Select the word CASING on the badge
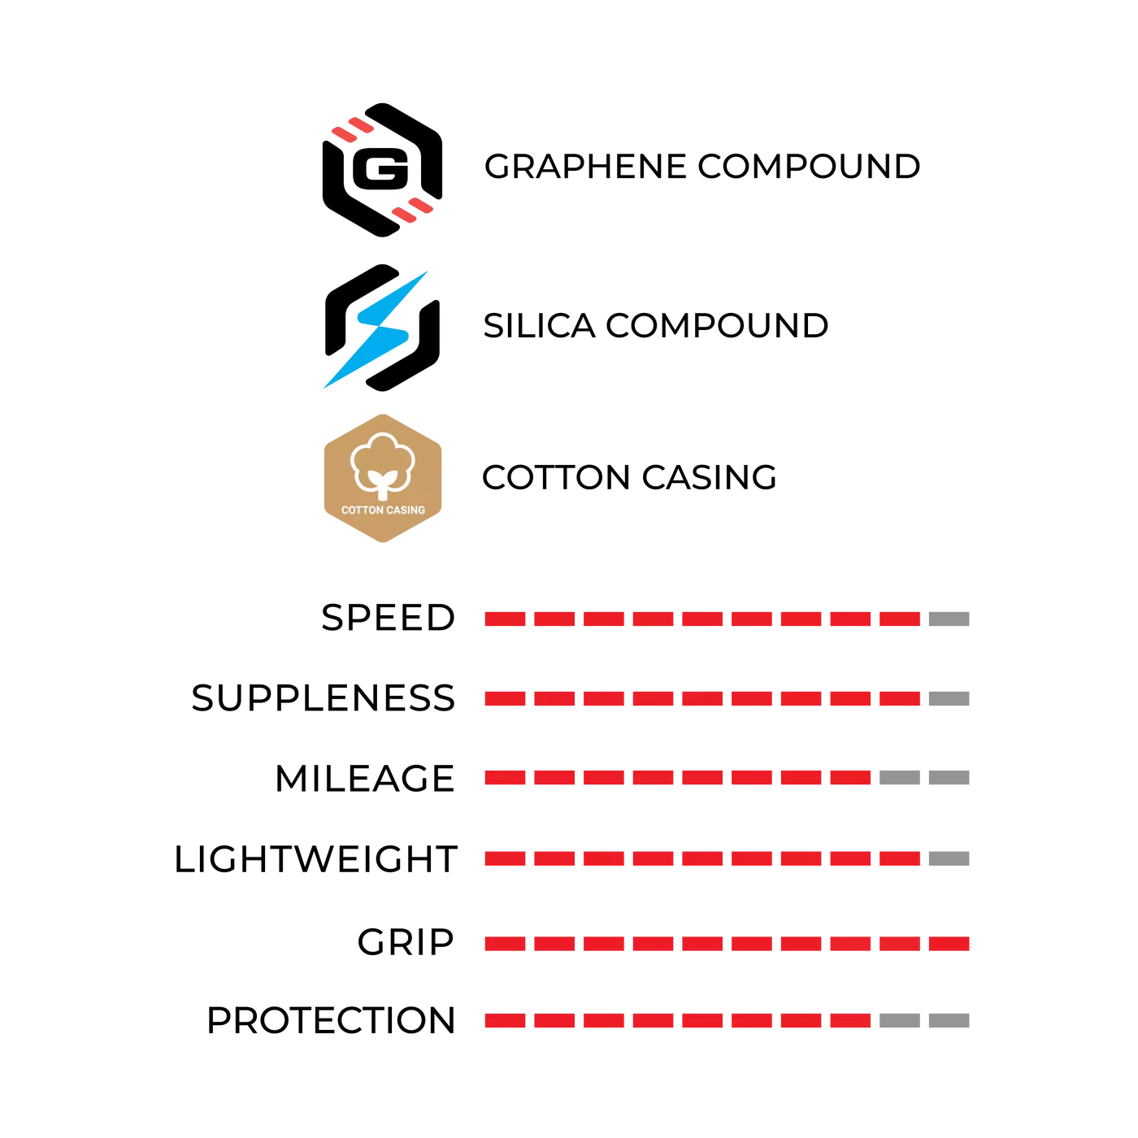406,510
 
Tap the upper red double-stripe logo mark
352,129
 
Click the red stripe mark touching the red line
412,210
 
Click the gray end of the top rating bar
949,619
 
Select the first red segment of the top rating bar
505,619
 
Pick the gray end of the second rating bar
949,699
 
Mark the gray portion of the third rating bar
926,777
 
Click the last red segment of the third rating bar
851,777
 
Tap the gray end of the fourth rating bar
949,858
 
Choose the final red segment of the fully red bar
949,943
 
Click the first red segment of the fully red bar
505,943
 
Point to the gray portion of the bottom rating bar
926,1021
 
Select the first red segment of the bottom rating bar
505,1021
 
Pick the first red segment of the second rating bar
505,699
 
